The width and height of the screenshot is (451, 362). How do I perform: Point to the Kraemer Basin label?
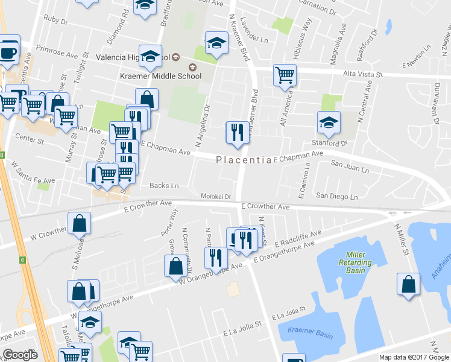[307, 330]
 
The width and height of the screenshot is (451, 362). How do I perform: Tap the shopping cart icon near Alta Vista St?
[285, 75]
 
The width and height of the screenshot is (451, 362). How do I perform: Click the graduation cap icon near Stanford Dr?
[329, 122]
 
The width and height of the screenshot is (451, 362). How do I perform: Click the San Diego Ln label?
[337, 197]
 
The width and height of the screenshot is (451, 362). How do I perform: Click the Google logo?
[20, 354]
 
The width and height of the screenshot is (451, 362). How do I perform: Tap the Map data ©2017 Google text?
[414, 357]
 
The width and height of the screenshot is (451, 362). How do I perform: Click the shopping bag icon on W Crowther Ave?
[79, 223]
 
